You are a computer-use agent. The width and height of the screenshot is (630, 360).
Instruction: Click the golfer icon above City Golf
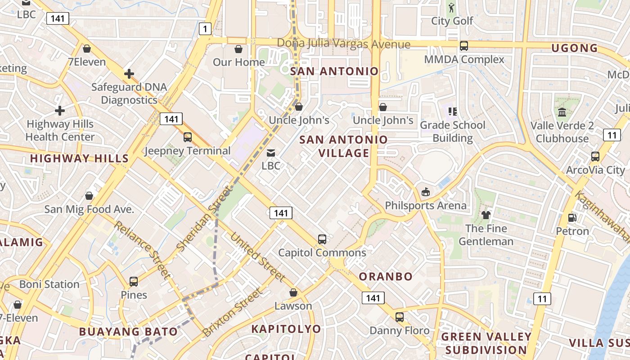[x=452, y=8]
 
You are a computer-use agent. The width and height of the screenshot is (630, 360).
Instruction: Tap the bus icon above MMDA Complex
[x=464, y=45]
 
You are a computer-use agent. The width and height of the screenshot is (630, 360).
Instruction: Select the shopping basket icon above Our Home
[x=238, y=49]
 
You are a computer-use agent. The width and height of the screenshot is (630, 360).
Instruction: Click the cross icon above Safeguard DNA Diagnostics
[x=129, y=73]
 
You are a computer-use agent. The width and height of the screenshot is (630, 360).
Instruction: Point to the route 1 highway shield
[x=205, y=29]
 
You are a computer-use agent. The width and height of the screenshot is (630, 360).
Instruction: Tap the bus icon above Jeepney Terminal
[x=188, y=137]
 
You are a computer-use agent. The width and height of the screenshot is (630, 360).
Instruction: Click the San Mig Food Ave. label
[x=89, y=209]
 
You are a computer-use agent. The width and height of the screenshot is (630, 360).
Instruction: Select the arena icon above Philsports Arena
[x=425, y=192]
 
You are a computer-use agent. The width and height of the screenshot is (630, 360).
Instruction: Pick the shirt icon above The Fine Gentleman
[x=486, y=215]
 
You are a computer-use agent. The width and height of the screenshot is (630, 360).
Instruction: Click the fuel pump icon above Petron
[x=572, y=218]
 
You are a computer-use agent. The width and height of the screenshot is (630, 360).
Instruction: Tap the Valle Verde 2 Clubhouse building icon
[x=562, y=112]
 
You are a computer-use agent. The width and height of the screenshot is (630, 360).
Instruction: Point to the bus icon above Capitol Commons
[x=322, y=239]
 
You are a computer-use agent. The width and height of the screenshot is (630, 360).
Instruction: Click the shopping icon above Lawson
[x=293, y=292]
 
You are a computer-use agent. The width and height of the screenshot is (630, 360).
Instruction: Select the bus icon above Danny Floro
[x=399, y=317]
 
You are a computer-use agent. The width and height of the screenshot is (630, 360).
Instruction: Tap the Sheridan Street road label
[x=203, y=220]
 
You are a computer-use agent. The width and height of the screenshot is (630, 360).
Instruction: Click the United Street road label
[x=258, y=257]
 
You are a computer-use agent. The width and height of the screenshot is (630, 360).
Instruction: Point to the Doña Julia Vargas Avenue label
[x=343, y=44]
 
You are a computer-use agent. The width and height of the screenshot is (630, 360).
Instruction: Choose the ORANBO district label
[x=386, y=276]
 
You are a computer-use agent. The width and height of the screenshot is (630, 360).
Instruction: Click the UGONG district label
[x=575, y=48]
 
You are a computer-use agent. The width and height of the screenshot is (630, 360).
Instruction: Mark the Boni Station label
[x=49, y=284]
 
